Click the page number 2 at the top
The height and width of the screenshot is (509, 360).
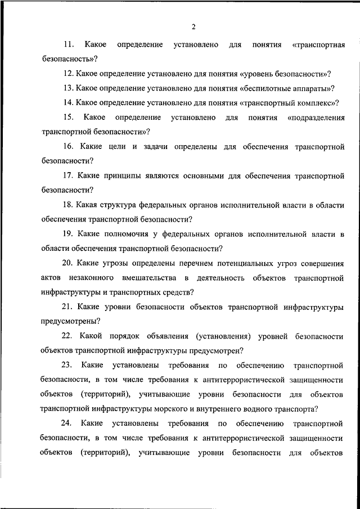192,26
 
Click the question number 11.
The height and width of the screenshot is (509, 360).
69,44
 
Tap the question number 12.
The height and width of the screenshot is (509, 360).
69,73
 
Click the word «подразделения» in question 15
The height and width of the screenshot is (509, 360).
316,117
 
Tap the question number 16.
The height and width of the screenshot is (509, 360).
69,146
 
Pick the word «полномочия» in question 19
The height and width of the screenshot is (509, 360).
130,234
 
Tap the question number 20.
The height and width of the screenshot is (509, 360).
69,263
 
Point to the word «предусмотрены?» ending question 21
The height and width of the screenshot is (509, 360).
70,322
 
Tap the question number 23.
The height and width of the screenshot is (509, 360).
69,366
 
